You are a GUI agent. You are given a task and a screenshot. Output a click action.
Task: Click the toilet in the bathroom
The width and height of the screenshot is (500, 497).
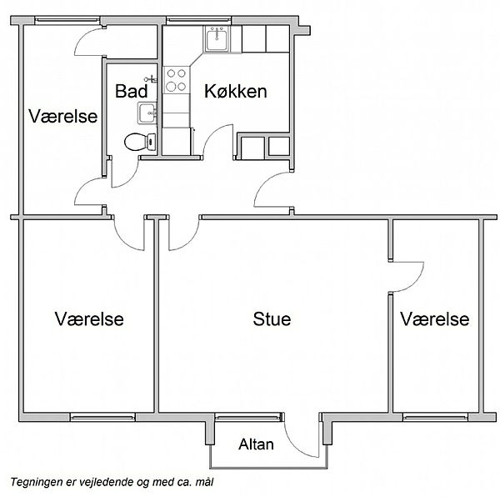(x=140, y=142)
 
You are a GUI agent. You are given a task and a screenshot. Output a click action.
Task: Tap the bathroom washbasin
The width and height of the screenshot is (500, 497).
(x=147, y=113)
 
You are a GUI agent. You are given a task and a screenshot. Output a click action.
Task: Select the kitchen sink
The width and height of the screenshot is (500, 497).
(x=217, y=39)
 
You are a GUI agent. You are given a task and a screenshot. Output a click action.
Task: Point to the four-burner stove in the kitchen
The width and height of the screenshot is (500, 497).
(x=177, y=80)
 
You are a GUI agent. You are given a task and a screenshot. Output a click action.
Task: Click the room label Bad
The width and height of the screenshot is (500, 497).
(x=131, y=91)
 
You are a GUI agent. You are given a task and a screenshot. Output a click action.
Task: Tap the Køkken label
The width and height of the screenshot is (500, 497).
(x=235, y=91)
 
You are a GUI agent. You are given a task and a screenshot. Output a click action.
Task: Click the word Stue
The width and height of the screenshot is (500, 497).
(x=272, y=319)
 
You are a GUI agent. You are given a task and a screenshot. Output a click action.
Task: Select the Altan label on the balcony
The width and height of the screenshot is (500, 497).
(x=256, y=444)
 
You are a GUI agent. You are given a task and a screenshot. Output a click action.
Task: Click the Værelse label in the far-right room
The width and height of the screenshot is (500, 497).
(x=435, y=319)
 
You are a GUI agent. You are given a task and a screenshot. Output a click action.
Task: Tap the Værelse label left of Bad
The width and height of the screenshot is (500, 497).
(x=62, y=116)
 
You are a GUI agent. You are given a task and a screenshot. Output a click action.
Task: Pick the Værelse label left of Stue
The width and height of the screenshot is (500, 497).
(x=89, y=319)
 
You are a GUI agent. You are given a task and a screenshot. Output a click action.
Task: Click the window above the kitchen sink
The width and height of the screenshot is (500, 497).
(x=198, y=21)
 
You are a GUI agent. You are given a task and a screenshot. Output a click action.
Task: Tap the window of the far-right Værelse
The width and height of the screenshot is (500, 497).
(x=435, y=417)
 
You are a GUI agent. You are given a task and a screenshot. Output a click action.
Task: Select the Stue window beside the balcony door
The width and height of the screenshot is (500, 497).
(x=247, y=417)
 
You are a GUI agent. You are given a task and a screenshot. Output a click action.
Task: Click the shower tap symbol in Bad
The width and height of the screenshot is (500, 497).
(x=151, y=78)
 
